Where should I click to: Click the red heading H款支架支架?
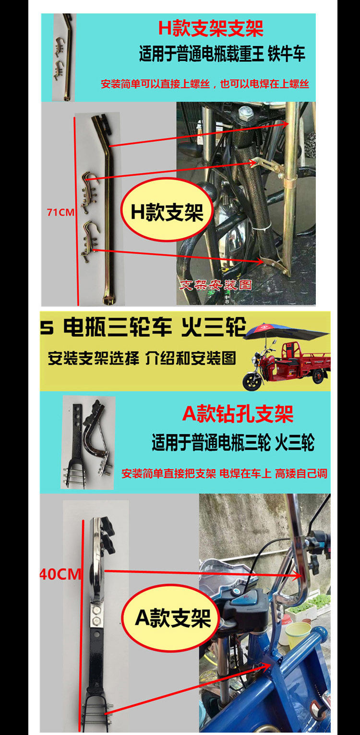(211, 28)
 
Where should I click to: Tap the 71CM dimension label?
(60, 213)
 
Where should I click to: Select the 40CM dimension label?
(60, 574)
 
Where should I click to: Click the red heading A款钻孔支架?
(238, 414)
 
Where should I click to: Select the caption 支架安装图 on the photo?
(216, 284)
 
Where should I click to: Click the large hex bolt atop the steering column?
(245, 113)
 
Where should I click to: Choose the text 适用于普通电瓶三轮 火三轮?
(233, 442)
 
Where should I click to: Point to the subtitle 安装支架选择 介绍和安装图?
(142, 358)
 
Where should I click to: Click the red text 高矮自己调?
(301, 474)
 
